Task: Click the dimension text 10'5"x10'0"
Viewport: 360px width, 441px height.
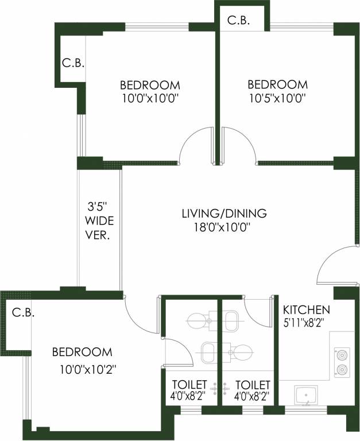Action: point(277,98)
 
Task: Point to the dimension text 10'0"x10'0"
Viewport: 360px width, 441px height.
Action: point(150,98)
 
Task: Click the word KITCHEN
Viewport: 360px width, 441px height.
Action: point(306,309)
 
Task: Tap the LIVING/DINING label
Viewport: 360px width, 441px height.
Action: point(224,214)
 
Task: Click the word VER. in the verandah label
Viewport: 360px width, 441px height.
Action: point(99,235)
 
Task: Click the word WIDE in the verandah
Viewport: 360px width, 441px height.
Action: point(99,220)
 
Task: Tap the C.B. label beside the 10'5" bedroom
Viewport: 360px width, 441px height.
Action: point(238,21)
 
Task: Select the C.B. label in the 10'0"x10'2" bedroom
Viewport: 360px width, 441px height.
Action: point(23,313)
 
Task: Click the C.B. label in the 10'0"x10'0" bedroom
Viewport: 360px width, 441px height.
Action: point(73,63)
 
